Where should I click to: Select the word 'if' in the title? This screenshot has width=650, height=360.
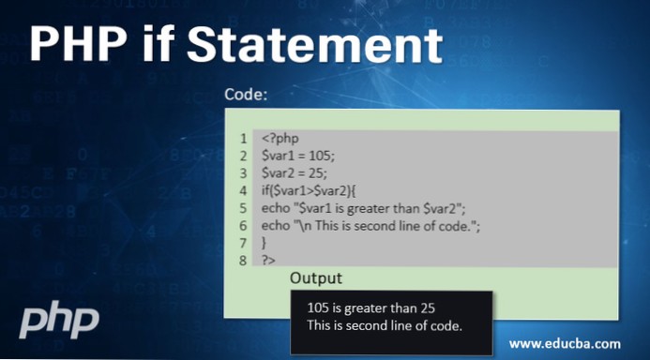pos(172,46)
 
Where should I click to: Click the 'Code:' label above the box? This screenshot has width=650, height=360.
pos(246,96)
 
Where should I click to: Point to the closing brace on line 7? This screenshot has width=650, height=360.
pos(265,242)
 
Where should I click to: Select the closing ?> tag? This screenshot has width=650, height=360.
pos(268,260)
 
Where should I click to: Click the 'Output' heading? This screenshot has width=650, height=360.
pos(316,278)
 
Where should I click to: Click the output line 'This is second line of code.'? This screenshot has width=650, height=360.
pos(385,325)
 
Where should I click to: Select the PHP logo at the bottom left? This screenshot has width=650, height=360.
pos(59,320)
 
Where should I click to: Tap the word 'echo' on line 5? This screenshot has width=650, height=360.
pos(277,208)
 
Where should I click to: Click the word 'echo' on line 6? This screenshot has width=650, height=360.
pos(277,225)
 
